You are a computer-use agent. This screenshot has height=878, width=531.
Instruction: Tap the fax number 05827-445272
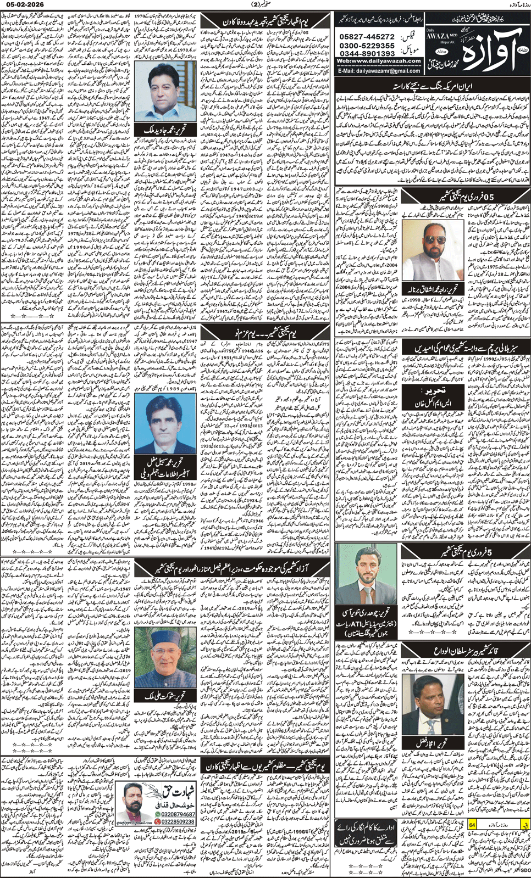366,37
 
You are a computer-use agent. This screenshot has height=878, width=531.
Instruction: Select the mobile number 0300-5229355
366,46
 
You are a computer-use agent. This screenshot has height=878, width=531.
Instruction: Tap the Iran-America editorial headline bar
432,86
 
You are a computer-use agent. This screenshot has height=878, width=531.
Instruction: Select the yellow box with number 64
472,825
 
